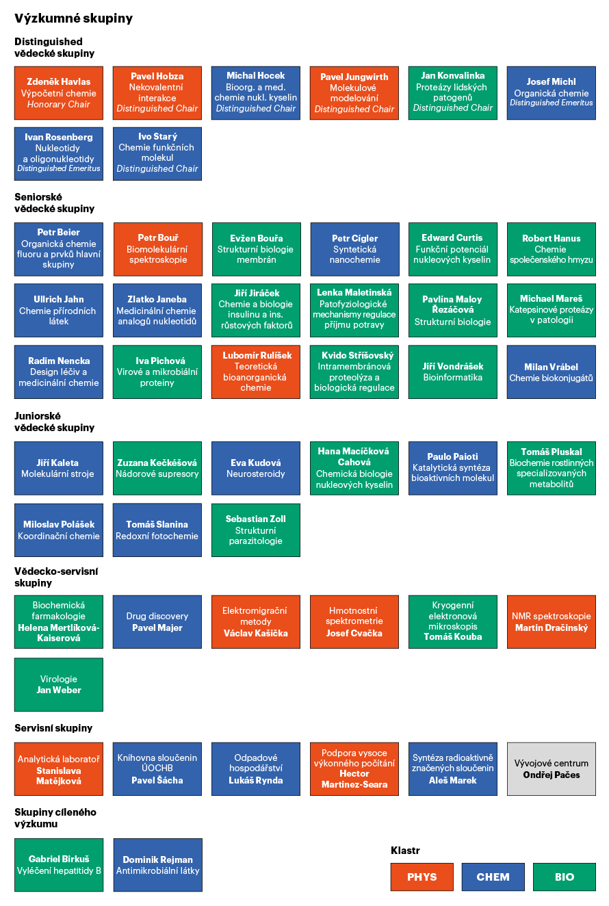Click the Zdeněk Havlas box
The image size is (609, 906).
click(59, 93)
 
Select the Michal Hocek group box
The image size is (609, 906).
click(255, 93)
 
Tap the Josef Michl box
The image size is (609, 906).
click(551, 93)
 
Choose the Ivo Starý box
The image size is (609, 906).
click(157, 154)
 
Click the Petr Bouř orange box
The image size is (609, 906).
click(158, 249)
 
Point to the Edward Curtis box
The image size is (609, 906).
click(452, 249)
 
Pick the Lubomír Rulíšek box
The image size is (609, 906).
click(255, 372)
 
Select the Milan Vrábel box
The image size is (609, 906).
click(551, 372)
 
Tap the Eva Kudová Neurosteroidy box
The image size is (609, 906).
click(255, 468)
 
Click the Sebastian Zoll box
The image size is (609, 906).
click(255, 530)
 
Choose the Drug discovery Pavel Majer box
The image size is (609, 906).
click(157, 621)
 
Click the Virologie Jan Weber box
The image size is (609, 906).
click(59, 684)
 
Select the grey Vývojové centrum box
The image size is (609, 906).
click(551, 769)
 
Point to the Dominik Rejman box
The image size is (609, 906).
click(157, 865)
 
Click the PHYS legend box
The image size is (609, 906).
click(422, 877)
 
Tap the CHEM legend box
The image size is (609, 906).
click(493, 877)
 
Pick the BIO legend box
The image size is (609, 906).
click(564, 877)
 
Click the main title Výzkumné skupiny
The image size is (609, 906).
click(74, 18)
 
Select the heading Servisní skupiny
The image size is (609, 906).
click(53, 728)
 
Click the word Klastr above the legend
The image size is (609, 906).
click(405, 851)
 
